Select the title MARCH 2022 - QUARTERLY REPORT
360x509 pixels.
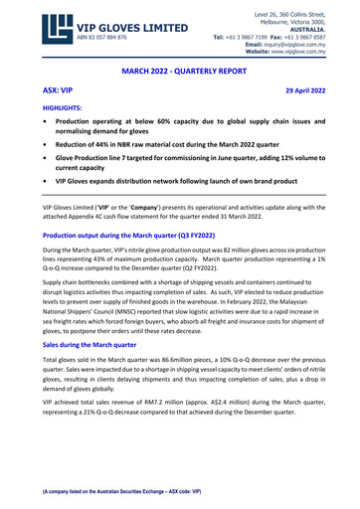coord(180,73)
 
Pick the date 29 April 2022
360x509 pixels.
coord(318,89)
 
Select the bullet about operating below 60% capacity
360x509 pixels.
coord(186,124)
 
